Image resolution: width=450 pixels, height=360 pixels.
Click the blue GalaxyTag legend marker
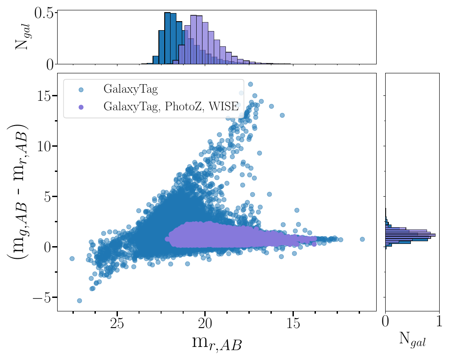(81, 90)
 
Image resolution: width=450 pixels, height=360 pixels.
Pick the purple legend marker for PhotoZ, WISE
(81, 107)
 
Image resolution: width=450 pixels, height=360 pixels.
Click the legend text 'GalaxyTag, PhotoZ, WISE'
(171, 107)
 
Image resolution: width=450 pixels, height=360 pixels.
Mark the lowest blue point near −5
(79, 300)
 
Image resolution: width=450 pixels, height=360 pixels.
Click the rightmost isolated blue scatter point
(362, 239)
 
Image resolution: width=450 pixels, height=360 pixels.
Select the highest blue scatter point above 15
(250, 84)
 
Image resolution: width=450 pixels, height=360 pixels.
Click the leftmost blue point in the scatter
(72, 258)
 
